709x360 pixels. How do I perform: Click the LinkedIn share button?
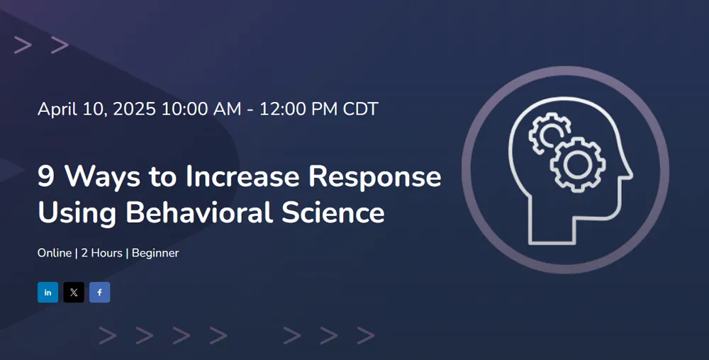coord(48,292)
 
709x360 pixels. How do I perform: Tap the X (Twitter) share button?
coord(74,292)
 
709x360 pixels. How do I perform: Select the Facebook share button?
coord(99,292)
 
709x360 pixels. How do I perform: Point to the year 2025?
coord(134,109)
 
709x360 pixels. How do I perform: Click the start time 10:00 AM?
coord(201,109)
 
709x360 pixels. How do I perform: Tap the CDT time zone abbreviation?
coord(360,109)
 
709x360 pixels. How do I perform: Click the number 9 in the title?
coord(46,176)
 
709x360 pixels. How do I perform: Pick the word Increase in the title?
coord(242,176)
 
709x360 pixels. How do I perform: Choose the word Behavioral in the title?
coord(199,212)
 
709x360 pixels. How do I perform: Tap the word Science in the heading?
coord(333,212)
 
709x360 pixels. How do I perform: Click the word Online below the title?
coord(55,253)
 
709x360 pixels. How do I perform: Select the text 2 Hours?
coord(101,253)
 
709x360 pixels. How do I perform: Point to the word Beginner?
coord(155,254)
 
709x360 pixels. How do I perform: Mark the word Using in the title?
coord(77,213)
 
